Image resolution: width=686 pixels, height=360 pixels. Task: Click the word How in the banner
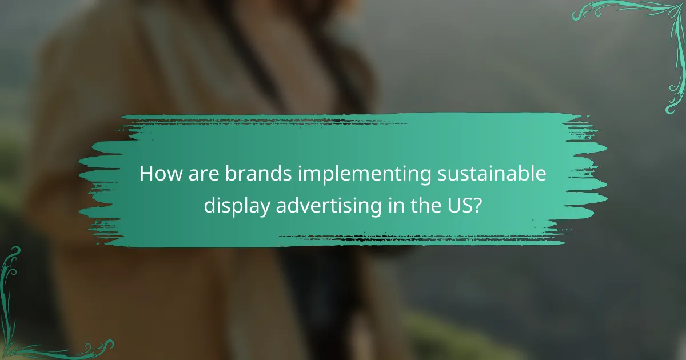(157, 174)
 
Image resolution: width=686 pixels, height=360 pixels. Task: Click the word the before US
(428, 204)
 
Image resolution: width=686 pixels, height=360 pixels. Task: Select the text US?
(466, 204)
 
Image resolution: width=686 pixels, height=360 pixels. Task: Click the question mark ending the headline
(478, 204)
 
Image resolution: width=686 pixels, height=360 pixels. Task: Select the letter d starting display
(210, 204)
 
